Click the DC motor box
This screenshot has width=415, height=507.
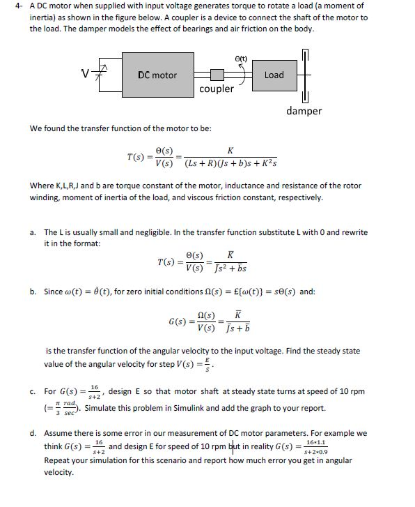(157, 75)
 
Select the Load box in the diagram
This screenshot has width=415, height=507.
(274, 75)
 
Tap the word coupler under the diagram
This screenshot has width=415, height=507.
(217, 89)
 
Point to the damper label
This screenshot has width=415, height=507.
(304, 111)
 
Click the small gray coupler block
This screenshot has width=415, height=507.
(217, 74)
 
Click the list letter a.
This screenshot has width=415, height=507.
(33, 232)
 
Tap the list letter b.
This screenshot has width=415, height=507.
(33, 292)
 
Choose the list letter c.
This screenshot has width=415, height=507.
(33, 392)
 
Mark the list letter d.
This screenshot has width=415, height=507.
(33, 433)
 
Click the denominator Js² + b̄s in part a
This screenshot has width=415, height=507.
(227, 268)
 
